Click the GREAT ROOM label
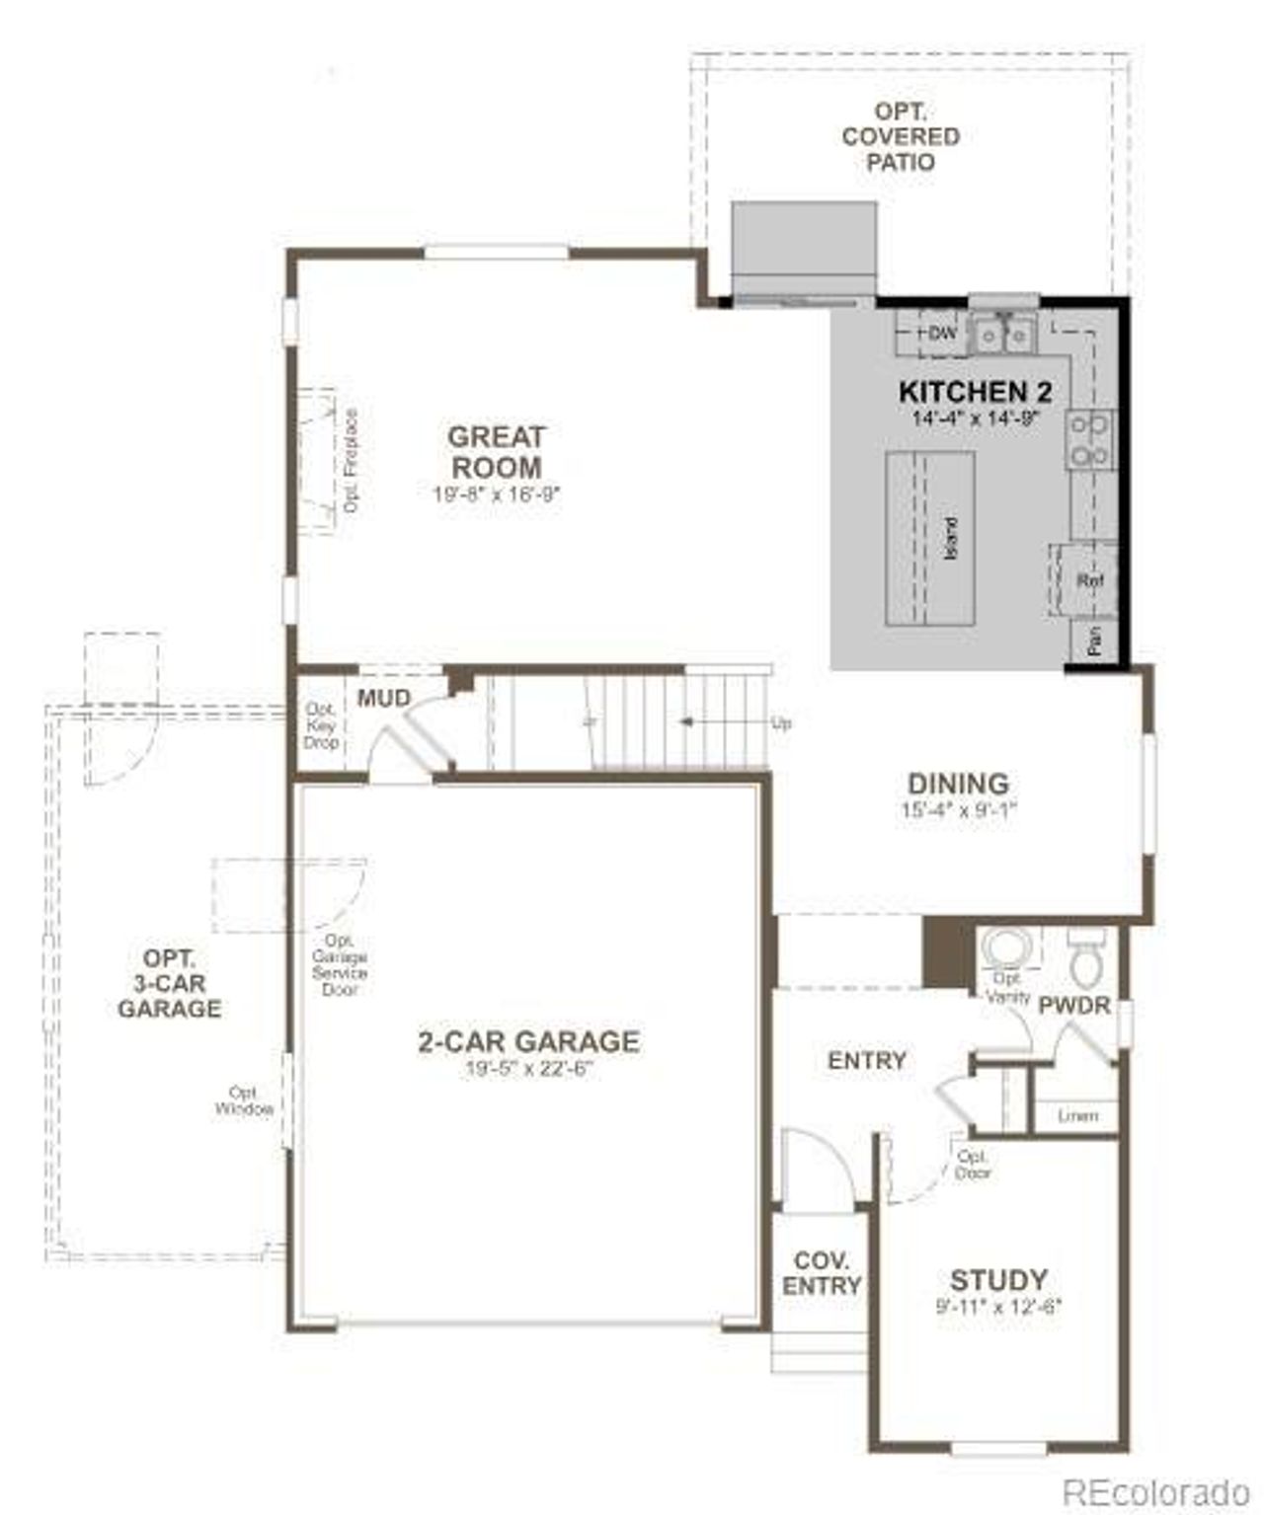495,451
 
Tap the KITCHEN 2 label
975,392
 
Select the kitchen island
929,538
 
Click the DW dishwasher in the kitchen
941,334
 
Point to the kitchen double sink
1002,336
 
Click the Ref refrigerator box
1088,581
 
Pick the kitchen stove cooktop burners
1090,440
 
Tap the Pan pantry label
1095,643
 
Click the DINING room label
958,784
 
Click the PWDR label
1074,1006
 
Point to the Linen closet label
1077,1116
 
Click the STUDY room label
998,1280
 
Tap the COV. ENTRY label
822,1273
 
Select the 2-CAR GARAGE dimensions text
528,1069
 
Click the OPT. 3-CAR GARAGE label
169,983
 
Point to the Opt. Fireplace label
351,461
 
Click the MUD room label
383,698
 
